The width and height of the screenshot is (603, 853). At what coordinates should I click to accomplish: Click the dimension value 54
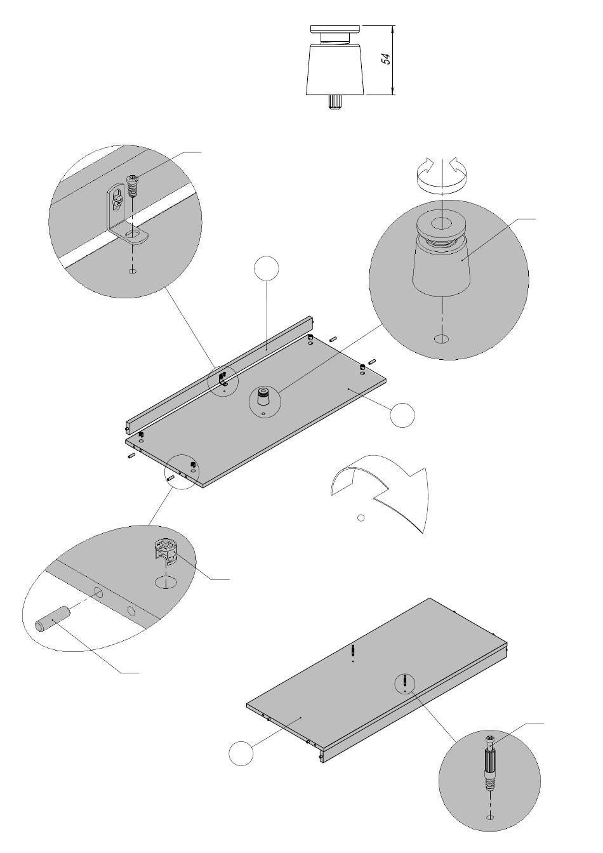point(385,59)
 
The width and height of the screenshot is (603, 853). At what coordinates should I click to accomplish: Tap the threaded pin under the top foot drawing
point(335,102)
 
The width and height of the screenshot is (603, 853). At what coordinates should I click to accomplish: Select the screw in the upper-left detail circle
point(133,186)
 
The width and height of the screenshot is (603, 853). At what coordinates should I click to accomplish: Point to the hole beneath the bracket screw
point(132,272)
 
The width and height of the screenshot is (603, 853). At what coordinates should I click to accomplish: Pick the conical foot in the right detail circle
point(442,257)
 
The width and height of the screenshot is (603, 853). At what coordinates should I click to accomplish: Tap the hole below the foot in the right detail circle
point(440,339)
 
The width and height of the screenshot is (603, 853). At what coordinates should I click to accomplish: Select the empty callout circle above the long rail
point(266,268)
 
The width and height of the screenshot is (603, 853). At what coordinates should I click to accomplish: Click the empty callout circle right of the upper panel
point(402,415)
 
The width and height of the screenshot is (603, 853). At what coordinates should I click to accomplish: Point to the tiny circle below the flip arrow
point(361,518)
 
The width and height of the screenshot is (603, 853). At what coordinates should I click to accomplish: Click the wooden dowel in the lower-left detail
point(52,618)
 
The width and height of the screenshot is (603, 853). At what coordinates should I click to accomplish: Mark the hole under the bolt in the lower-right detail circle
point(489,817)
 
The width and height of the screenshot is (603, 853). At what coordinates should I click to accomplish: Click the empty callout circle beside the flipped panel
point(241,753)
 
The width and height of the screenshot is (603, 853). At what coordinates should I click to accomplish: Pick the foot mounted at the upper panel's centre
point(263,399)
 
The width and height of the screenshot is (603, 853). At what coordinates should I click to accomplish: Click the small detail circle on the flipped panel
point(404,683)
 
